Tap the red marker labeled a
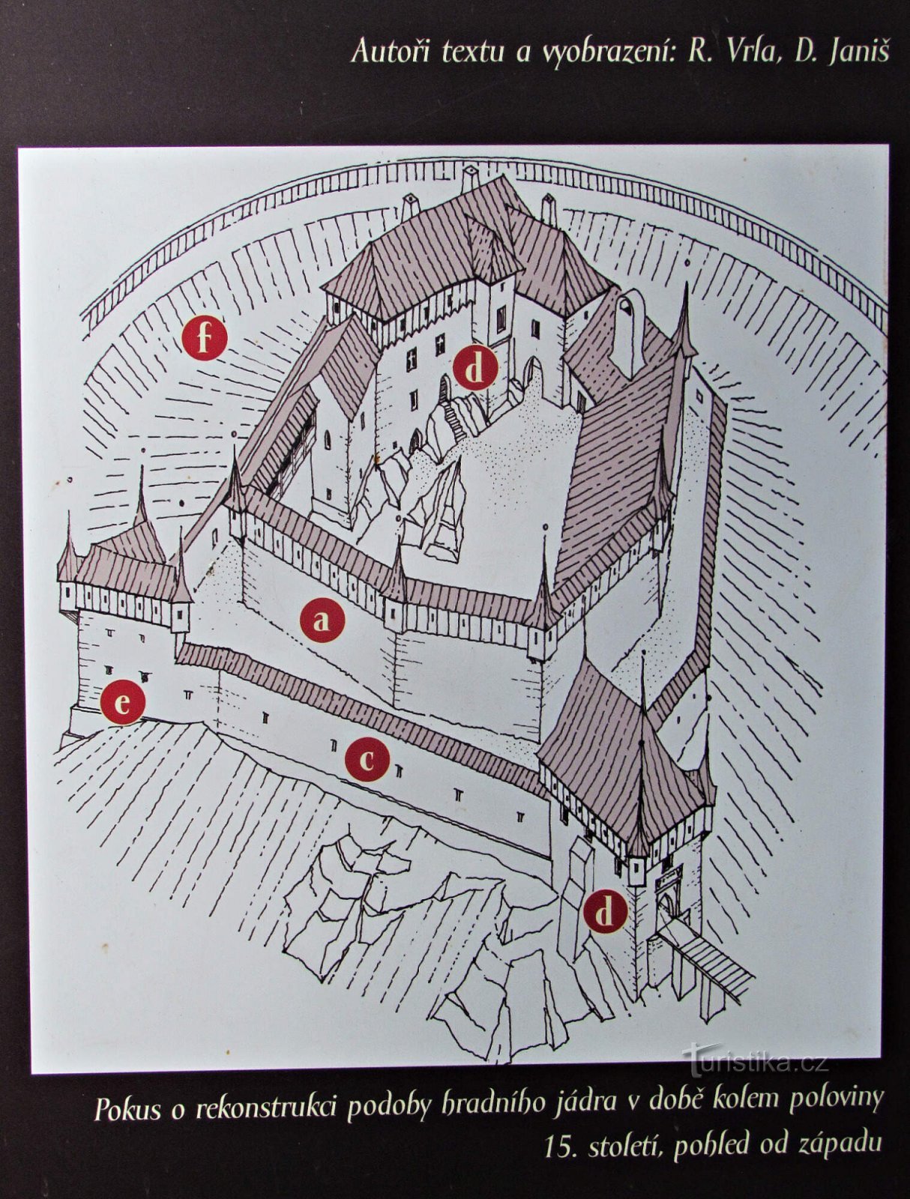[322, 620]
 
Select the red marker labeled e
[122, 702]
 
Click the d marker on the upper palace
[474, 368]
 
